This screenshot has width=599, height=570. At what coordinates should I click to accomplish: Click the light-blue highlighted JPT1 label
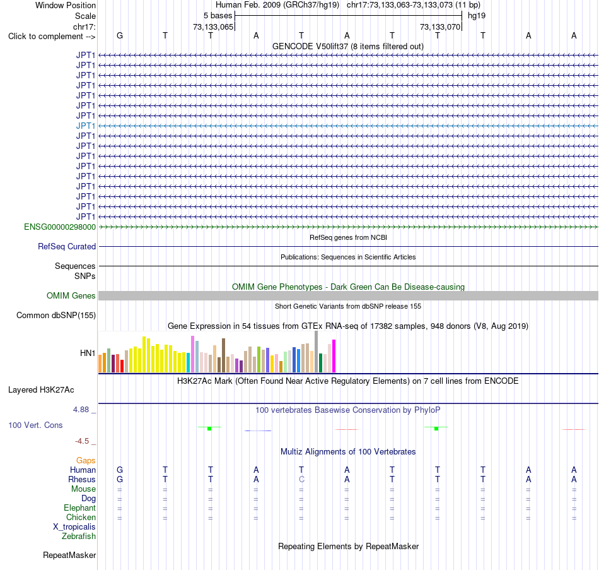click(x=86, y=126)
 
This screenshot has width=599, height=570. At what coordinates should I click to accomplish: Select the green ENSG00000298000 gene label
click(x=60, y=227)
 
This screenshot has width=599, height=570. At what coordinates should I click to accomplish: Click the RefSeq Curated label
click(x=67, y=246)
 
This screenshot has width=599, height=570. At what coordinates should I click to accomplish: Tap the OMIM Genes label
click(x=71, y=295)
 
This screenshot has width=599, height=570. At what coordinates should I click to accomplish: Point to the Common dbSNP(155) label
click(x=56, y=315)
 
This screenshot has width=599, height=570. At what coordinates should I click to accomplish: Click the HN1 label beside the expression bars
click(x=88, y=353)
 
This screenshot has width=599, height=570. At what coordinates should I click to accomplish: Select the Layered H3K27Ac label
click(x=41, y=390)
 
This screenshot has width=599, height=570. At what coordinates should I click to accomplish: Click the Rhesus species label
click(x=82, y=479)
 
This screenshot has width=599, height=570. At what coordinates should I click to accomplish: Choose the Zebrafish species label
click(x=79, y=536)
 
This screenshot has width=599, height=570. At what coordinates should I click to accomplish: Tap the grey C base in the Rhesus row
click(x=301, y=479)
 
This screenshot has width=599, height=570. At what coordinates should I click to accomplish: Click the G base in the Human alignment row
click(x=120, y=470)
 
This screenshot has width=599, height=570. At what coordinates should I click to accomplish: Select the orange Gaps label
click(x=86, y=461)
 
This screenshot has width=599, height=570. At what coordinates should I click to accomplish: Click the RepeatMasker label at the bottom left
click(x=69, y=555)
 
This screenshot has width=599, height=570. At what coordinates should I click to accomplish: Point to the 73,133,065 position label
click(x=213, y=27)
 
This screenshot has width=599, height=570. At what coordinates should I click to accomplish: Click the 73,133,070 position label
click(x=440, y=27)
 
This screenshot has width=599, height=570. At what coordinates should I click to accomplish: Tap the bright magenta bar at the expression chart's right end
click(x=334, y=356)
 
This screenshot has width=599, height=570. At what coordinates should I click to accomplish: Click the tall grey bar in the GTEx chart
click(x=317, y=352)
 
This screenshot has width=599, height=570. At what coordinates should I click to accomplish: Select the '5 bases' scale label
click(x=218, y=16)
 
